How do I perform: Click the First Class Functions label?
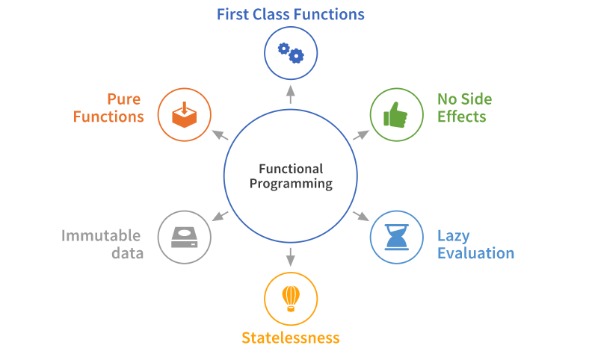pos(291,14)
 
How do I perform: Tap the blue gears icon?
pos(291,53)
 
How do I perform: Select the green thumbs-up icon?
pos(396,115)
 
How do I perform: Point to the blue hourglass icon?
pos(396,237)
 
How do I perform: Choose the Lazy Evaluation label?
pos(475,244)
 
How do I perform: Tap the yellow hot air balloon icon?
pos(291,298)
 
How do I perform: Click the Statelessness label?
pos(291,338)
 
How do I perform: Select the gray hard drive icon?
pos(185,238)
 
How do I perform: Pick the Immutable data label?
pos(102,244)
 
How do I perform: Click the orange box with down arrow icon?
pos(184,115)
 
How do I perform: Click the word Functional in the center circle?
pos(291,169)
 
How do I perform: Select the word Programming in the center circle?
pos(291,184)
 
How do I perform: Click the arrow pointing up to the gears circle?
pos(291,94)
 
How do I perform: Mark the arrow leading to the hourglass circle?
pos(360,217)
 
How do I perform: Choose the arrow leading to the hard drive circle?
pos(220,217)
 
